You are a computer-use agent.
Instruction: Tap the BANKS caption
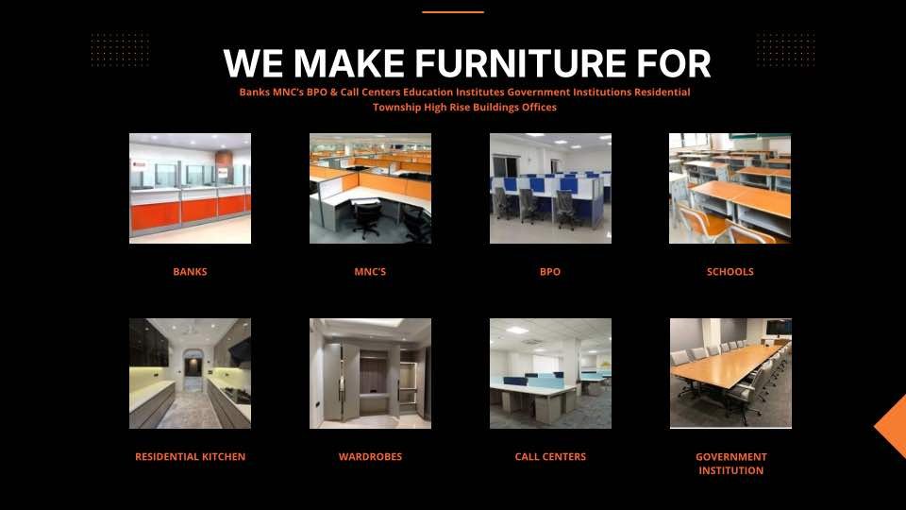[x=190, y=272]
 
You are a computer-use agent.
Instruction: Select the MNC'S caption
[x=370, y=272]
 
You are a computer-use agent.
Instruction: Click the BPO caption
[x=550, y=272]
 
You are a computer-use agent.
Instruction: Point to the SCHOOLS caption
[x=730, y=272]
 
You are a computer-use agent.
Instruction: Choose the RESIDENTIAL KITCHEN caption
[x=190, y=457]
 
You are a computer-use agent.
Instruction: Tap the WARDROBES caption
[x=370, y=457]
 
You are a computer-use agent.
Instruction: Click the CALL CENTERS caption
[x=550, y=457]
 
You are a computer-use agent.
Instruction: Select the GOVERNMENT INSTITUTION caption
[x=730, y=464]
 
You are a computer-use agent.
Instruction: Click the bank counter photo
[x=190, y=189]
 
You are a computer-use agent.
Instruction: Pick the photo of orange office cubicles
[x=370, y=189]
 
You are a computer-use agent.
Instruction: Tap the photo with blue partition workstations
[x=550, y=189]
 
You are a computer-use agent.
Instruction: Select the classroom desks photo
[x=730, y=189]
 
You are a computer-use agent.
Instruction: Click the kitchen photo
[x=190, y=374]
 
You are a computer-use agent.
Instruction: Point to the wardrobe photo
[x=370, y=374]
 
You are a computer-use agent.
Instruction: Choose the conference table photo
[x=730, y=374]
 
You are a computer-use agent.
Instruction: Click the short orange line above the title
[x=453, y=11]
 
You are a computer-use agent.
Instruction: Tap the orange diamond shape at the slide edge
[x=892, y=427]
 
